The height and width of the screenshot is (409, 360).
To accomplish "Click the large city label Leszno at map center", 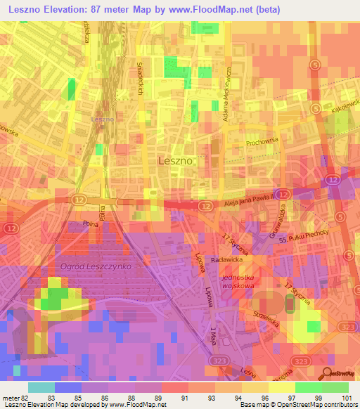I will (x=176, y=160).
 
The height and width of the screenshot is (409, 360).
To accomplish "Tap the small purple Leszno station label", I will (x=102, y=119).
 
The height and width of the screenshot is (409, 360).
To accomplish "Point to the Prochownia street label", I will (x=263, y=143).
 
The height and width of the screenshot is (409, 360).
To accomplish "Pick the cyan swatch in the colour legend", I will (x=41, y=387).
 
